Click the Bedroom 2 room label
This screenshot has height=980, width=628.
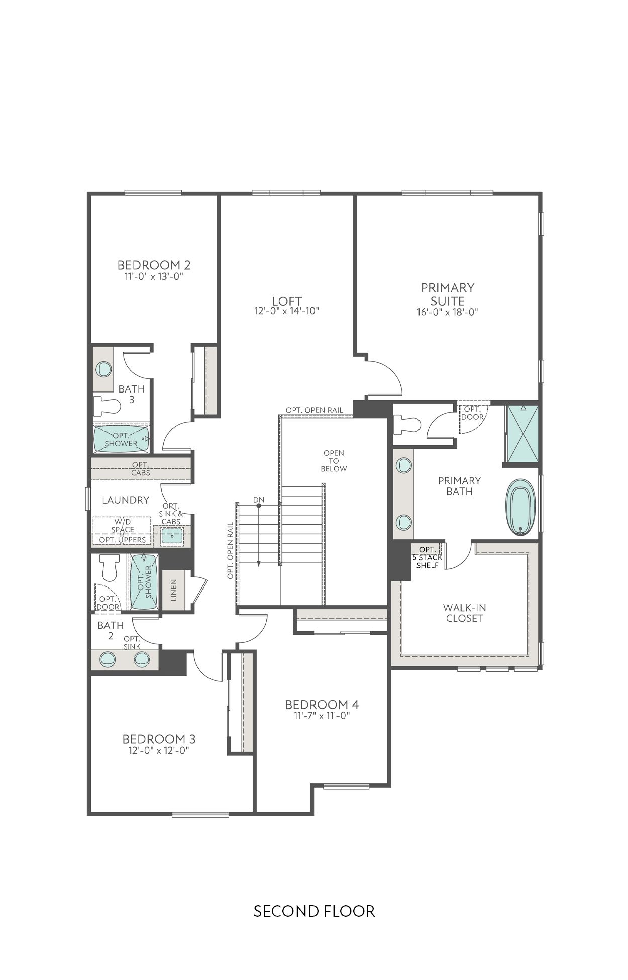pos(154,265)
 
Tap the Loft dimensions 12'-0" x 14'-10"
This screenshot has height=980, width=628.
pos(287,311)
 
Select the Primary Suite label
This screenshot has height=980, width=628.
pos(447,294)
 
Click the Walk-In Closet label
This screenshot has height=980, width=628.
pos(464,613)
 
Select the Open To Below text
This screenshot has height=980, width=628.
pos(334,461)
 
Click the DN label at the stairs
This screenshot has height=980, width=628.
pos(259,500)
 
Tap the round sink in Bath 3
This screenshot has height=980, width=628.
pos(104,369)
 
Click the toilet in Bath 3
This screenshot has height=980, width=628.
pos(107,406)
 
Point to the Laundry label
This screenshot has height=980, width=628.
pos(126,500)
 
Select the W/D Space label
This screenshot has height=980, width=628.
pos(123,526)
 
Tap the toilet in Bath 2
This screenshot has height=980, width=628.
pos(109,567)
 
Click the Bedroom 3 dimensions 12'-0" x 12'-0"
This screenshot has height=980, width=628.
pos(158,751)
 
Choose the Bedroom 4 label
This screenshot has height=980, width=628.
pos(322,705)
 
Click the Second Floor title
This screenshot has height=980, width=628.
pos(314,911)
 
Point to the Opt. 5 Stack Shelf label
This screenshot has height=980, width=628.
pos(427,557)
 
